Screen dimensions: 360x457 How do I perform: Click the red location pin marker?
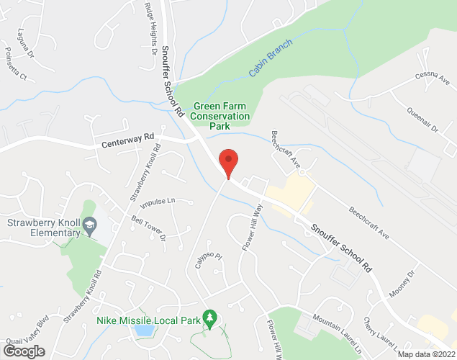(x=228, y=161)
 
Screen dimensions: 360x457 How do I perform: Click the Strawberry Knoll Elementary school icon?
(x=89, y=227)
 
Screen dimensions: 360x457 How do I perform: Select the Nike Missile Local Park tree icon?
(x=209, y=317)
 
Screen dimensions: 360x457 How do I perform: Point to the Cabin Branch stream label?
(x=267, y=63)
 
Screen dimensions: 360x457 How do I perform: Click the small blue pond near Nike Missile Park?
(x=143, y=330)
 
